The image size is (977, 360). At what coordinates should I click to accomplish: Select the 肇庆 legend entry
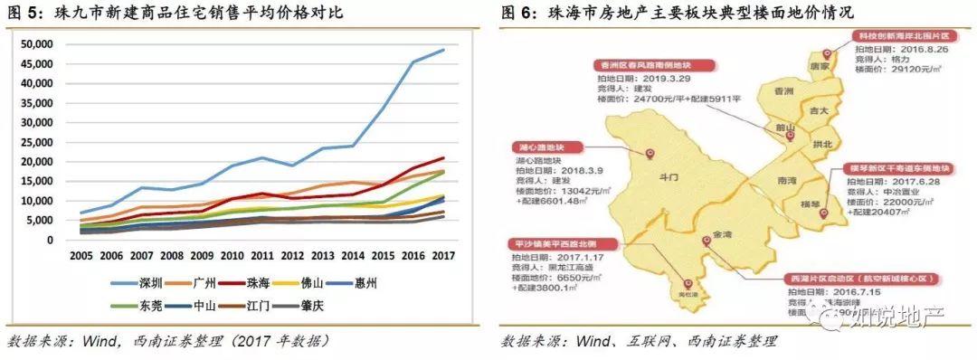(x=348, y=306)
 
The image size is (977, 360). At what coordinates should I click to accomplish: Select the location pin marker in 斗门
(x=650, y=154)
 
